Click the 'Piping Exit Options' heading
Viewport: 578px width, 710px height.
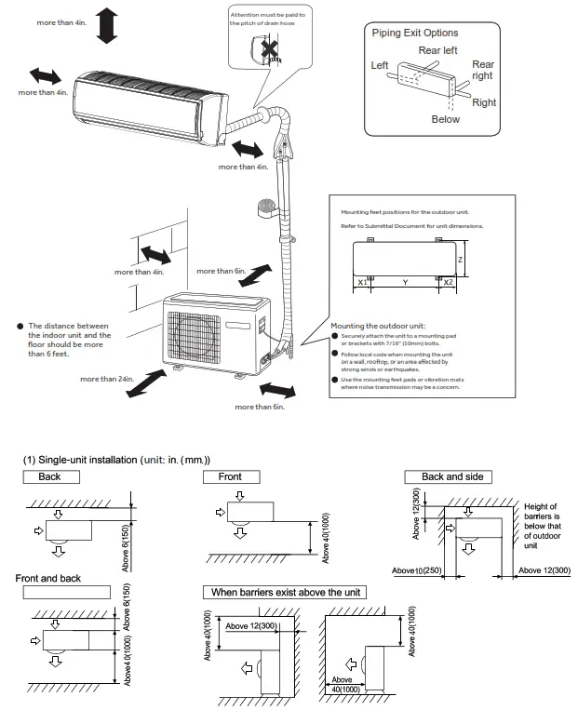point(415,33)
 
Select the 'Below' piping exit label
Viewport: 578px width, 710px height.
point(445,119)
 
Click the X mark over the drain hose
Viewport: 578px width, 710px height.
point(272,47)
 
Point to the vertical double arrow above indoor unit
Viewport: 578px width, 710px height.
point(107,23)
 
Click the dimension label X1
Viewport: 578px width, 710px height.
point(363,281)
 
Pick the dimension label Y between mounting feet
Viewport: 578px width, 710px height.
point(404,281)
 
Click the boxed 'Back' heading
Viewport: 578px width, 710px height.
point(49,476)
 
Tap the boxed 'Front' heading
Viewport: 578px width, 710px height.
point(230,476)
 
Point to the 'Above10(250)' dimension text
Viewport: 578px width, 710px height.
point(416,569)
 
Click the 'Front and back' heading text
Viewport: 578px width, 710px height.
point(48,578)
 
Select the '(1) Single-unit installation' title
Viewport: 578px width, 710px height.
point(117,460)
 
